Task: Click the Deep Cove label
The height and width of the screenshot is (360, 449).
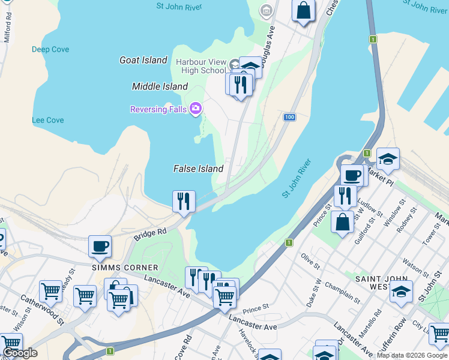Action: click(x=50, y=49)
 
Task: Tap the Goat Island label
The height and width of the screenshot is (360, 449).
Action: click(x=143, y=60)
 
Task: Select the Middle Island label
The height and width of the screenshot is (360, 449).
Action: click(x=160, y=86)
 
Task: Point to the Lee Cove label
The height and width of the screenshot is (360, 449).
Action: click(x=48, y=120)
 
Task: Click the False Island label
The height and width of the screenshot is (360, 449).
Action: click(x=198, y=169)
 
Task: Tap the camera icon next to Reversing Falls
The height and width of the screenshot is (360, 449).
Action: click(x=195, y=108)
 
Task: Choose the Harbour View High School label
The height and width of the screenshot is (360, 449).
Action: click(x=200, y=66)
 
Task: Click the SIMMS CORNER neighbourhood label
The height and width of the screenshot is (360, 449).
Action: click(x=125, y=267)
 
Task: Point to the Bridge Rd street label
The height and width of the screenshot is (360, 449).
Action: click(x=150, y=233)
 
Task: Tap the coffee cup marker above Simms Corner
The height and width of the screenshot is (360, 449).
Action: click(x=100, y=245)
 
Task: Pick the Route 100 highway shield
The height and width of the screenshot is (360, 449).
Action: click(x=289, y=116)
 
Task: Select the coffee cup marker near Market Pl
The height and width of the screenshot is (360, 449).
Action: click(x=352, y=175)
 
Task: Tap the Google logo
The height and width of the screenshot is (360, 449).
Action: click(x=20, y=353)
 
